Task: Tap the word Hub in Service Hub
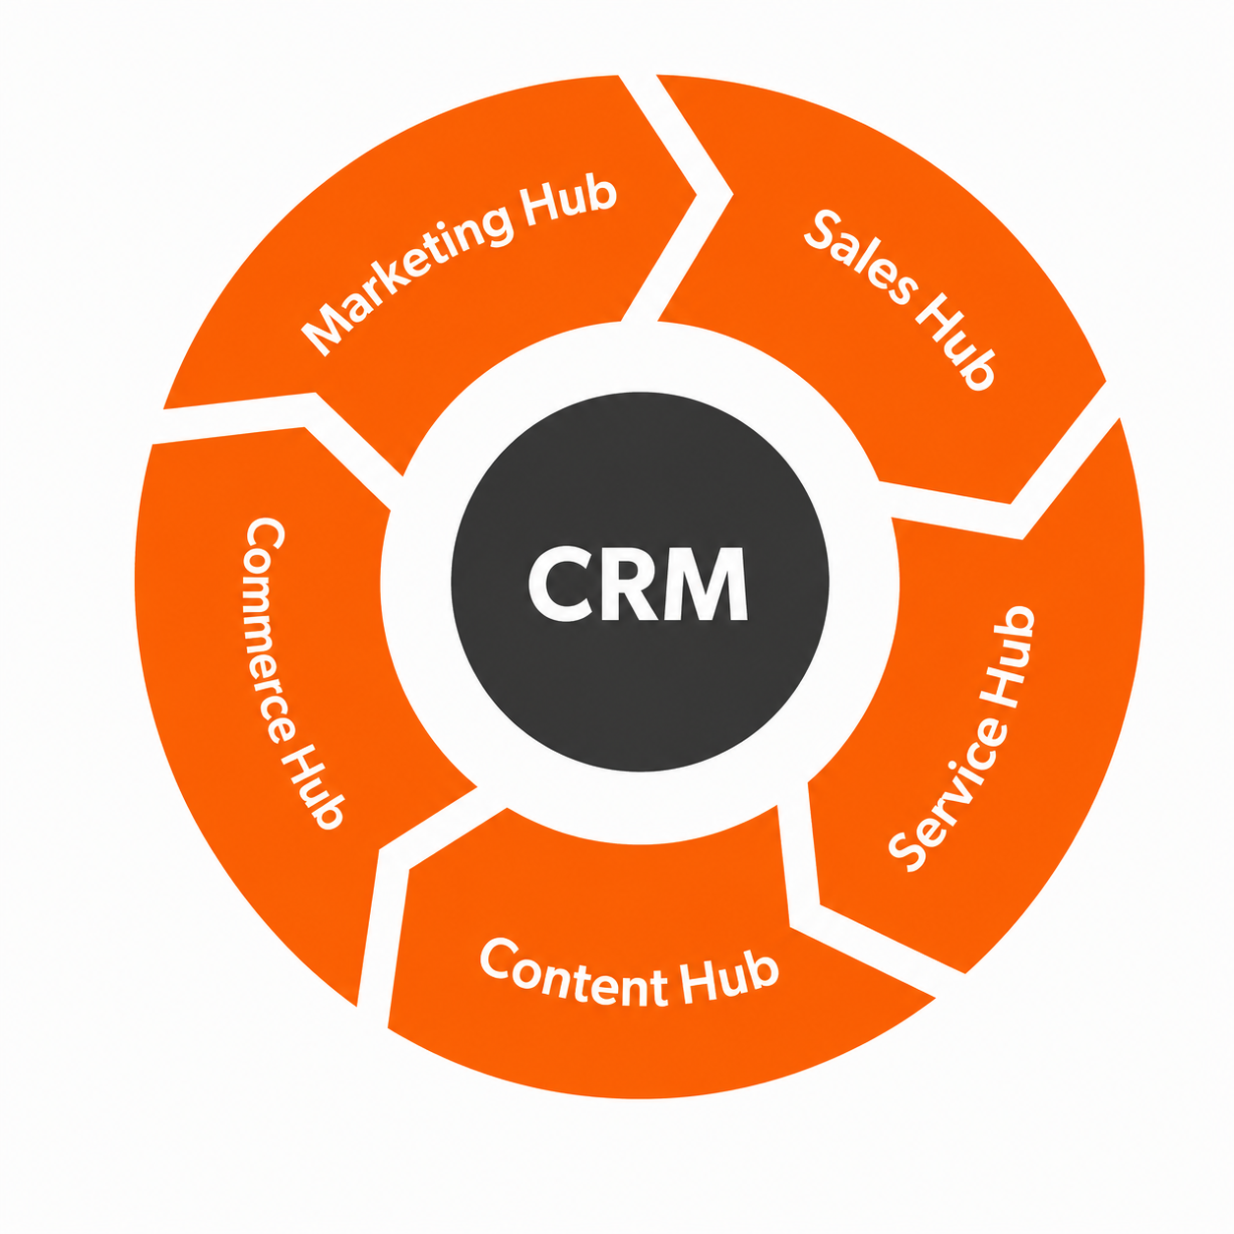(x=1012, y=656)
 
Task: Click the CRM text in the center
(x=638, y=584)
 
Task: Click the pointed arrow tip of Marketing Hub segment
(x=696, y=194)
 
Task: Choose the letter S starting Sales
(x=822, y=230)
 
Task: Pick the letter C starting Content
(x=499, y=958)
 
